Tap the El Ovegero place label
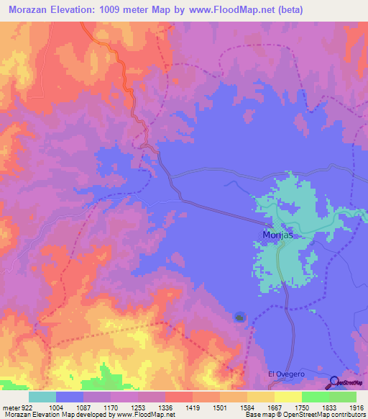tap(283, 374)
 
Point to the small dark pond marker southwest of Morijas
tap(240, 317)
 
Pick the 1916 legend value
tap(356, 407)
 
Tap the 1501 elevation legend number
tap(220, 407)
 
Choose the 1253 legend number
tap(137, 407)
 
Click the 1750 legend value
tap(302, 407)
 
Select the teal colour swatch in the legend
tap(42, 397)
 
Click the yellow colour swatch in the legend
tap(288, 397)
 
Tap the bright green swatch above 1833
tap(316, 397)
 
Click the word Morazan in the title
tap(29, 10)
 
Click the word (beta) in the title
tap(287, 10)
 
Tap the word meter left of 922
tap(9, 407)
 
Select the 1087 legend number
tap(83, 407)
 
